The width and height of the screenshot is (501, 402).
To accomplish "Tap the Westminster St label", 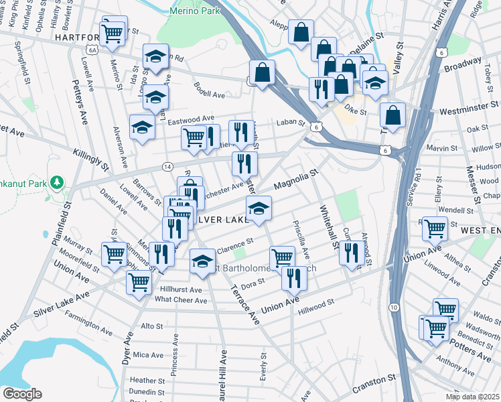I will click(x=470, y=106).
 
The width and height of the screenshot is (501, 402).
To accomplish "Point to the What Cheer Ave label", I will click(x=181, y=300).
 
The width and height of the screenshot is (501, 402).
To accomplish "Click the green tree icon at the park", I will click(x=58, y=182).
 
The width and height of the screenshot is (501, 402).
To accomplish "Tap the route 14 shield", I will click(x=167, y=165).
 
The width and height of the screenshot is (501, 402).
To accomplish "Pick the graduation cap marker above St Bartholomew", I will click(x=202, y=261).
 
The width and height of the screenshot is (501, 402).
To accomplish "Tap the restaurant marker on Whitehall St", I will click(x=350, y=253).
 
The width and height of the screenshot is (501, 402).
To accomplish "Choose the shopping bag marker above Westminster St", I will click(x=392, y=115).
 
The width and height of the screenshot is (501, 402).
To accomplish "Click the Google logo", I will click(x=21, y=394).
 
